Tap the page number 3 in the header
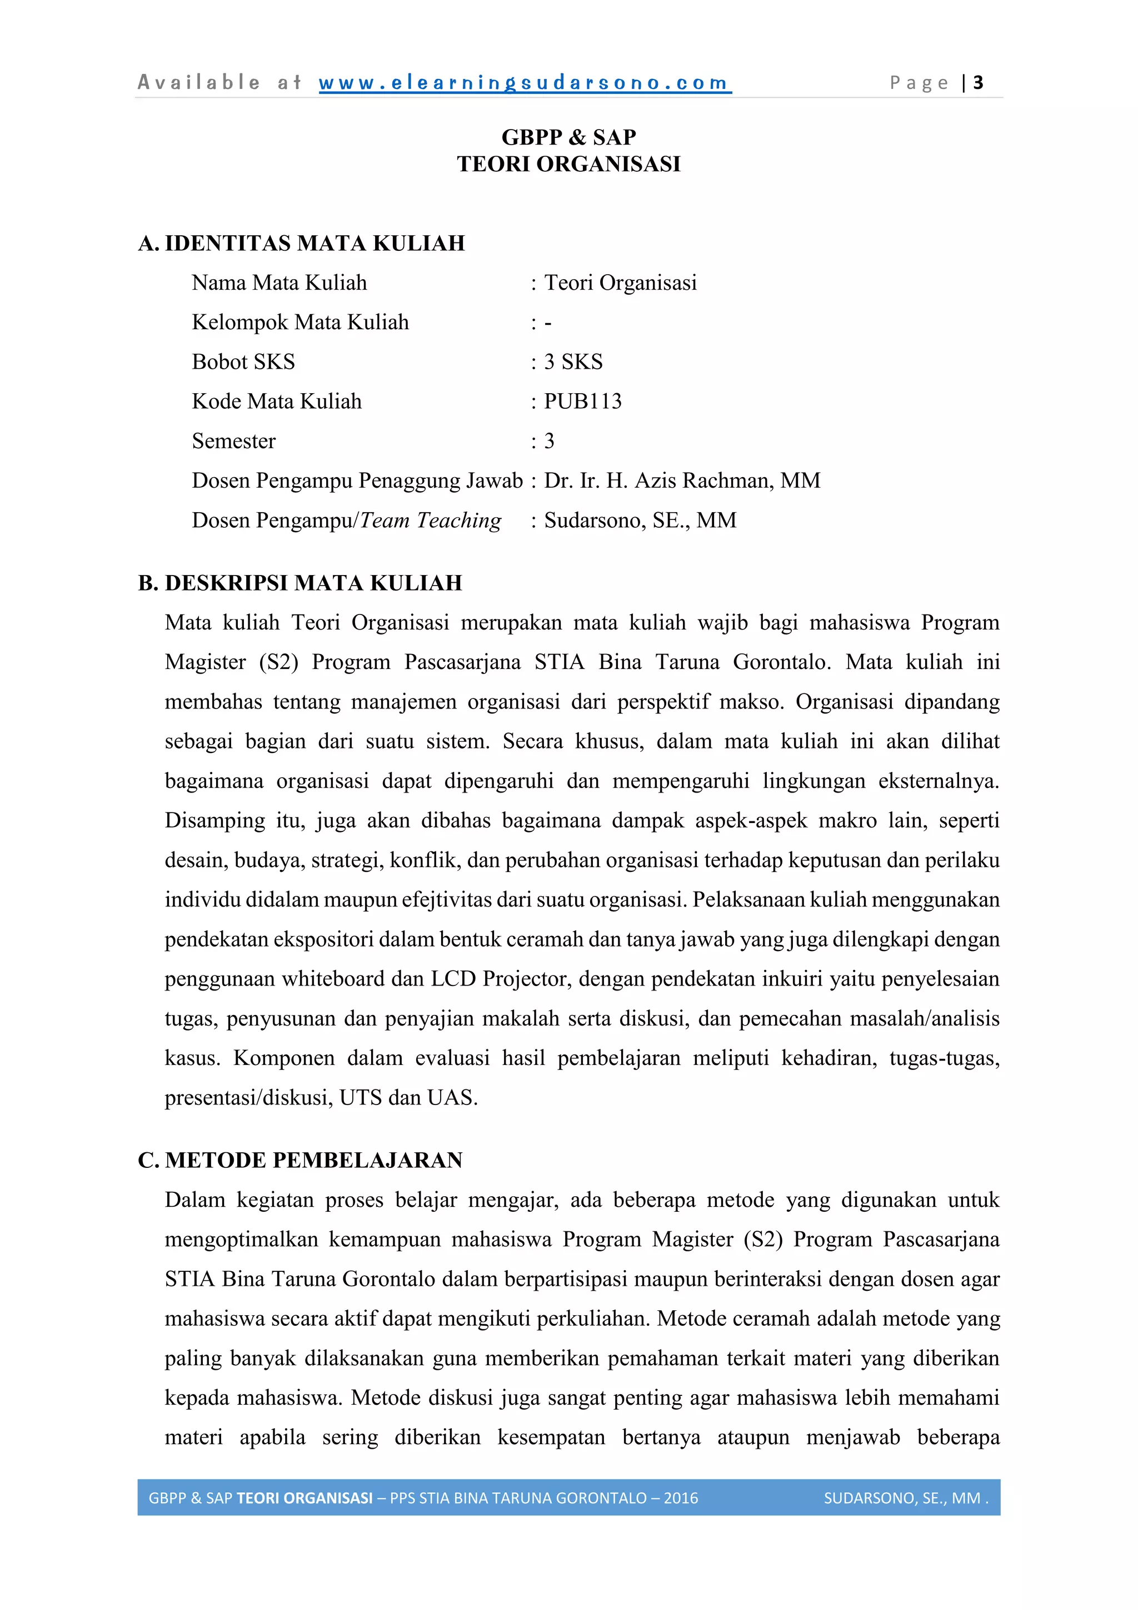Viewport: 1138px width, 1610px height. click(978, 83)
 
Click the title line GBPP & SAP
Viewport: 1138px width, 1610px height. click(568, 137)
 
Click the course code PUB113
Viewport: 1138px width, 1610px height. click(582, 401)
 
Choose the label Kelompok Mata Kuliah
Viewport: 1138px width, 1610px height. click(300, 323)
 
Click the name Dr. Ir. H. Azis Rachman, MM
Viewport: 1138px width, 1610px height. click(682, 480)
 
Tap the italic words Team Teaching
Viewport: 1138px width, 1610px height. click(430, 521)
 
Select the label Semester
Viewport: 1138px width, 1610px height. click(233, 441)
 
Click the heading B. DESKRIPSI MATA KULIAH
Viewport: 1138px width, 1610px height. click(300, 583)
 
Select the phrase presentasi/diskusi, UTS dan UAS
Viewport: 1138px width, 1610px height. click(321, 1097)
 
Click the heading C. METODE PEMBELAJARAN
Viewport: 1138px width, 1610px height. click(300, 1160)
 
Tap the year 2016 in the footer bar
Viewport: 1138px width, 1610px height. click(681, 1498)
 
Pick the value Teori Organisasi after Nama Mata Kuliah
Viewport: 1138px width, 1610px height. click(620, 283)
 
